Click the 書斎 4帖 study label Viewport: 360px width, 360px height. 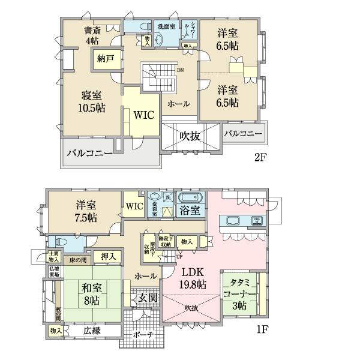91,36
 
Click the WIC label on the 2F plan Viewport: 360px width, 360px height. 144,114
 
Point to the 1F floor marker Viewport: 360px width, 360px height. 260,329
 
